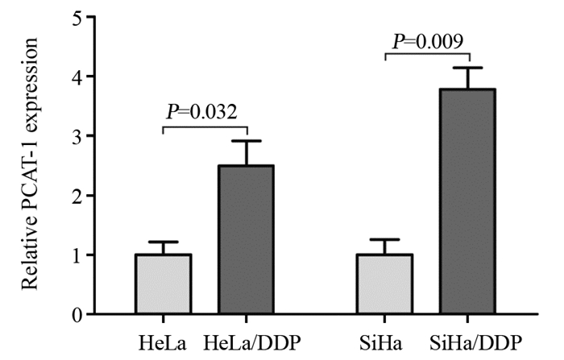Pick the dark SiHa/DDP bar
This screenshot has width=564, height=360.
[471, 201]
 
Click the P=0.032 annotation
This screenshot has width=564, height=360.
[201, 111]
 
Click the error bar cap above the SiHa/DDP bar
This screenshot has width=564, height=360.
[471, 68]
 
